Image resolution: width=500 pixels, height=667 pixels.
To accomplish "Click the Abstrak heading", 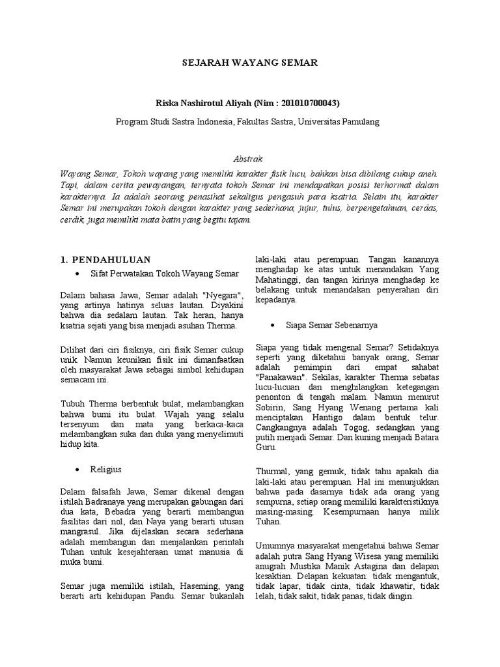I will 249,158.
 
